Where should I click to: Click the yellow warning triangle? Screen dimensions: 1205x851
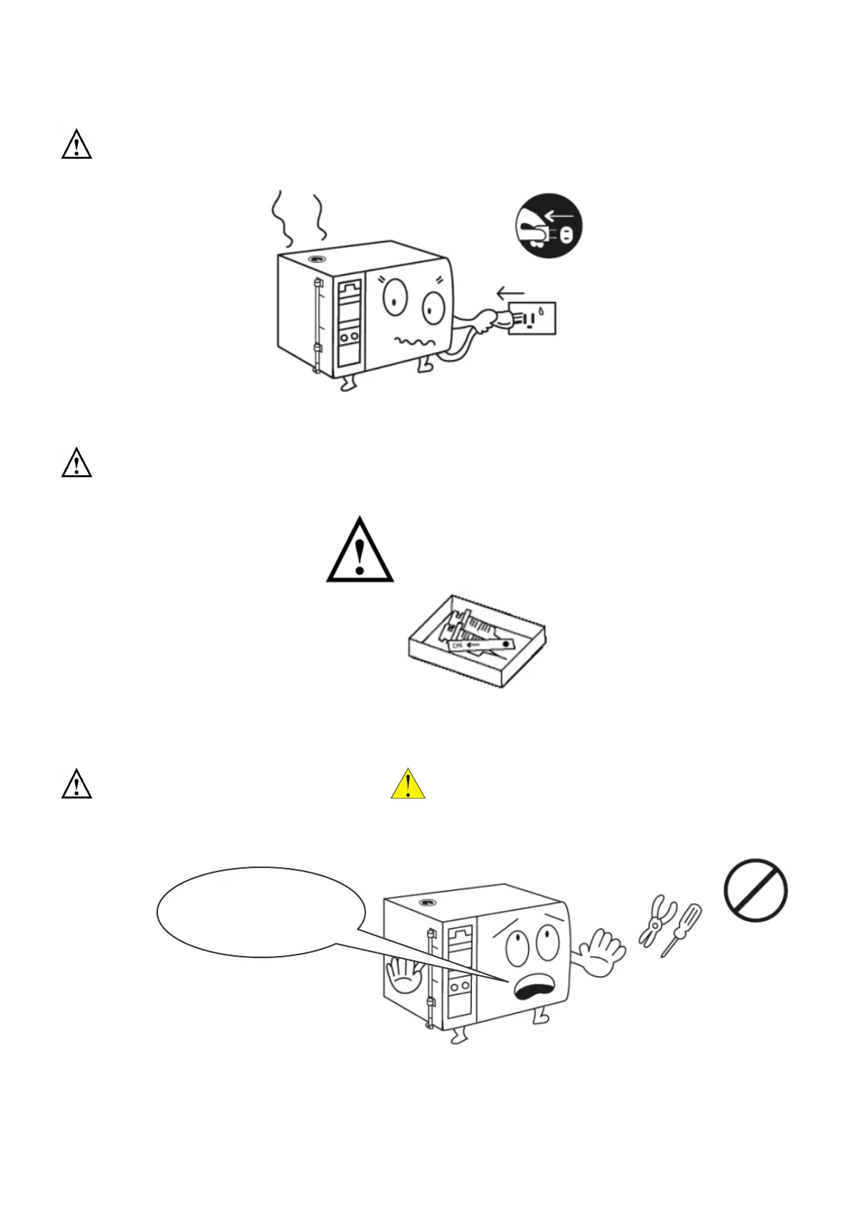(408, 785)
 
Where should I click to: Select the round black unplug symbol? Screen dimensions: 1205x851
(549, 225)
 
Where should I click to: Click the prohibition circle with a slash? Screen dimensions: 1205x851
(755, 890)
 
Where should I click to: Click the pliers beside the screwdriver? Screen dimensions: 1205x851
(654, 921)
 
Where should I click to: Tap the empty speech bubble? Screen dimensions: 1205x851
(261, 912)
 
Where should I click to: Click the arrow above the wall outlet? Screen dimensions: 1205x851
(511, 293)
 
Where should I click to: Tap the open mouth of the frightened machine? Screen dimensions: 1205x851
(533, 990)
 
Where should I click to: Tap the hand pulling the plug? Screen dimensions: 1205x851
(488, 320)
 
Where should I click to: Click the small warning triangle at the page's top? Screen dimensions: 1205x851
(77, 145)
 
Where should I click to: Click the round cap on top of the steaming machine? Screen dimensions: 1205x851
(315, 258)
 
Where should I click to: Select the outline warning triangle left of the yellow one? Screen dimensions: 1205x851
(77, 784)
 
